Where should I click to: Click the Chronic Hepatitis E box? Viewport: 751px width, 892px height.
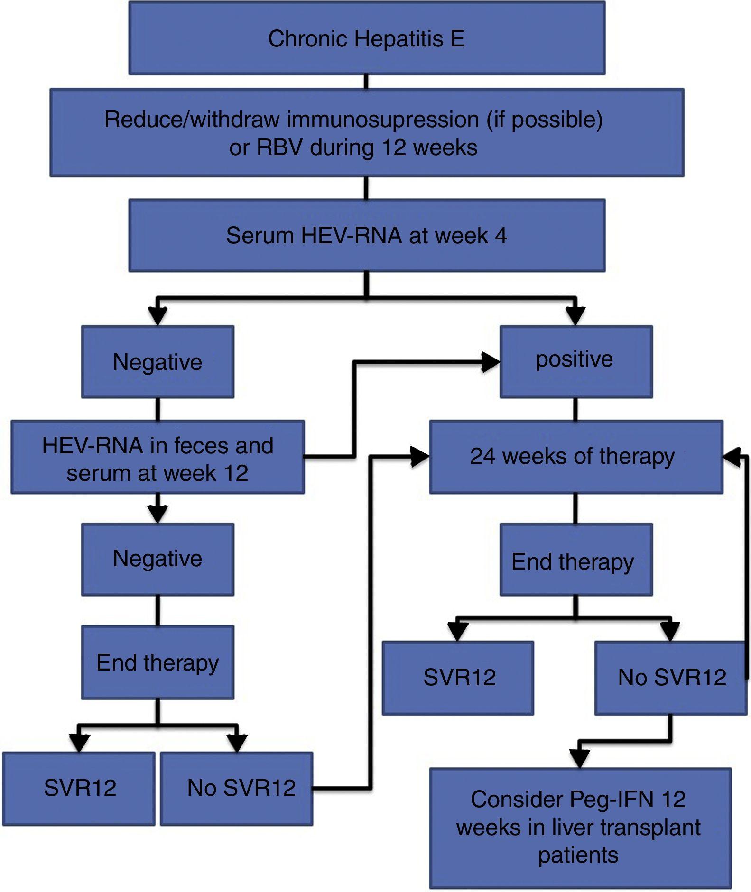(366, 38)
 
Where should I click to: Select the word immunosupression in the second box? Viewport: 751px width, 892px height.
(383, 119)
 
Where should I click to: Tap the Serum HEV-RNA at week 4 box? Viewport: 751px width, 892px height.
(366, 236)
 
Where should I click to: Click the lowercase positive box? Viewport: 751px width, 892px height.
(575, 361)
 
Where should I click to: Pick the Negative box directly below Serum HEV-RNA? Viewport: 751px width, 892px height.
(158, 361)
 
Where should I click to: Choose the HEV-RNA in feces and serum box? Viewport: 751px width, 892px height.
(158, 458)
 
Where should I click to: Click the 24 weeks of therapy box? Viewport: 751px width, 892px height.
(575, 457)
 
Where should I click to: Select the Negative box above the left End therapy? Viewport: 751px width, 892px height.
(158, 559)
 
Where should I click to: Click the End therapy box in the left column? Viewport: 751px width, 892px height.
(158, 662)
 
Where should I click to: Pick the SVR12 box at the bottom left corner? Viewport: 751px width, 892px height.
(79, 788)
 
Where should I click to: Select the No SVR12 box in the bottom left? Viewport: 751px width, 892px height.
(236, 788)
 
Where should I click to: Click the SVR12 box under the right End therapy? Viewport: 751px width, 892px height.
(458, 678)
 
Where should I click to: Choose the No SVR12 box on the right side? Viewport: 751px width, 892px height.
(670, 678)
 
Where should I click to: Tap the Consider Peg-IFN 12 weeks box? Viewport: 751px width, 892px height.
(580, 828)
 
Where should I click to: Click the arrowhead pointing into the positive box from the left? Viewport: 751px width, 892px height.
(491, 362)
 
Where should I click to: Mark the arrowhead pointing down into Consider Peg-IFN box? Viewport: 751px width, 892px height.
(580, 757)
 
